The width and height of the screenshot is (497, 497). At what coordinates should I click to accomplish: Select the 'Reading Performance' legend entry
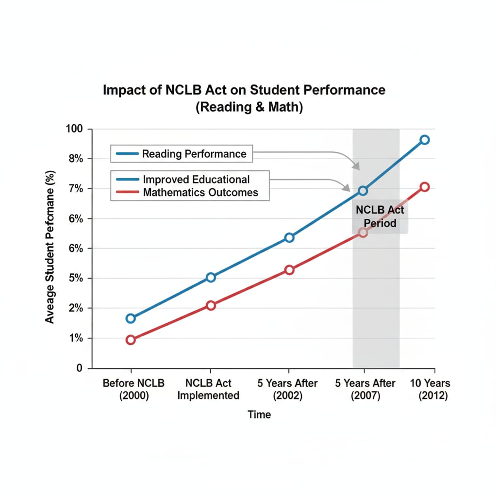coord(194,154)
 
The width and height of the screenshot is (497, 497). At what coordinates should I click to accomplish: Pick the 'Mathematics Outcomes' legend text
coord(200,192)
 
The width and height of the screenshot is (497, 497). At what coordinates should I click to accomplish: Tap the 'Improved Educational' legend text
coord(196,180)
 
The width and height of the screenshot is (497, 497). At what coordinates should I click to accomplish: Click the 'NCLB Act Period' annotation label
coord(380,216)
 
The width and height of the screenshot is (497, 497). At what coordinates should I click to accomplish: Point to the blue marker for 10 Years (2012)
coord(424,140)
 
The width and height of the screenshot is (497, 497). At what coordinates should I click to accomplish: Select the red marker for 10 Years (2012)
coord(424,187)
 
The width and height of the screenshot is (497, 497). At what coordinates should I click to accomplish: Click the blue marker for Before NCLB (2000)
coord(131,318)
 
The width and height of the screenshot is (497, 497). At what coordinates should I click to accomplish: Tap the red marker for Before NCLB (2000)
coord(131,340)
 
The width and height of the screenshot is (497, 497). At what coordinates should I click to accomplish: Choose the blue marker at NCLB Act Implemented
coord(211,277)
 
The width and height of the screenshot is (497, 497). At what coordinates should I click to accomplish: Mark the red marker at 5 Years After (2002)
coord(289,270)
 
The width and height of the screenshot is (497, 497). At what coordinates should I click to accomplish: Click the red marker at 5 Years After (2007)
coord(363,232)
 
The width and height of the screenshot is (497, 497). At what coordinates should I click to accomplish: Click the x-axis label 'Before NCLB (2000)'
coord(133,389)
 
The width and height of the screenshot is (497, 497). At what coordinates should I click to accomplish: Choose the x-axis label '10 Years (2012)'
coord(430,389)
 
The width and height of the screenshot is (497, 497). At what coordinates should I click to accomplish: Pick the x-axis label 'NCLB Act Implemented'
coord(208,389)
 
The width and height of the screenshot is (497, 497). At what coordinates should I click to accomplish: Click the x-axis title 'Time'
coord(259,414)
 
